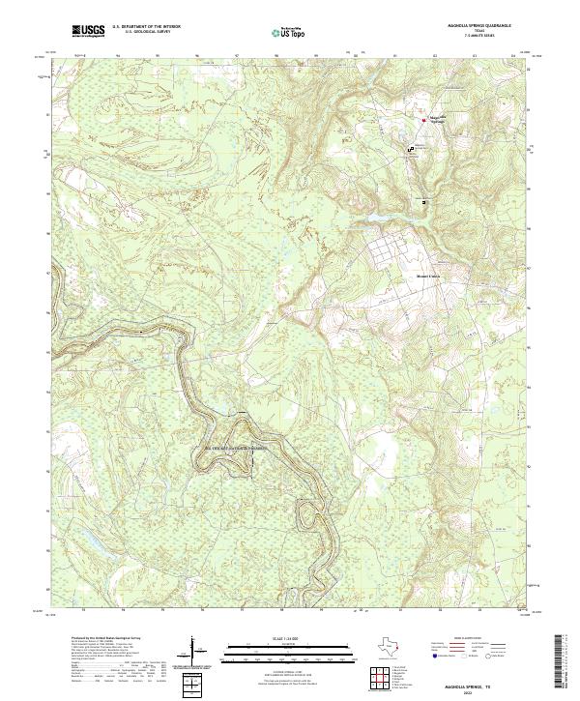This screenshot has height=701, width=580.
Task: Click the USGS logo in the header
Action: (87, 32)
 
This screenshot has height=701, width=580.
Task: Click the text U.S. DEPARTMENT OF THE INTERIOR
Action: (146, 26)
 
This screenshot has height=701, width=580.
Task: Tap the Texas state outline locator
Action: (393, 646)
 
